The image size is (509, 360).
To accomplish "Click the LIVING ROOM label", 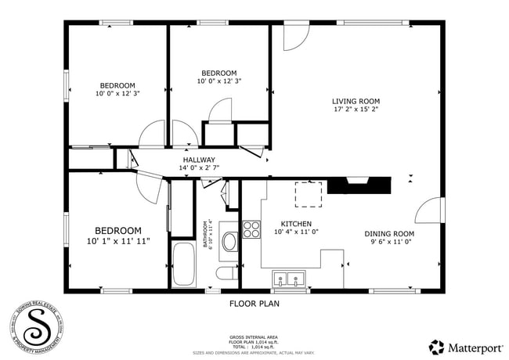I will pyautogui.click(x=356, y=101).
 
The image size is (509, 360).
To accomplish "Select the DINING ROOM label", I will pyautogui.click(x=389, y=234).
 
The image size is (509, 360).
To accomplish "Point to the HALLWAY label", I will pyautogui.click(x=199, y=160).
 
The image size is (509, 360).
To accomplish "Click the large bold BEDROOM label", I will pyautogui.click(x=118, y=231).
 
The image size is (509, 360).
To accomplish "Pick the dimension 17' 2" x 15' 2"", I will pyautogui.click(x=356, y=110).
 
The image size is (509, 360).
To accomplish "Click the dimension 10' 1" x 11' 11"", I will pyautogui.click(x=118, y=241).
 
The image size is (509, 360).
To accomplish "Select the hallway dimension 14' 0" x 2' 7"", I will pyautogui.click(x=199, y=167).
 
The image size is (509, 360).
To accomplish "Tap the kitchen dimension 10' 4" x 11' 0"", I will pyautogui.click(x=295, y=232).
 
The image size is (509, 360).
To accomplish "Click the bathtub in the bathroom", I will pyautogui.click(x=186, y=265).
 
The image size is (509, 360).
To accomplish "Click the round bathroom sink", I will pyautogui.click(x=229, y=241).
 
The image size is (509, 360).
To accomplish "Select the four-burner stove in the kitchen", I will pyautogui.click(x=252, y=229).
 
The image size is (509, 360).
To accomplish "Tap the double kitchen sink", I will pyautogui.click(x=289, y=278).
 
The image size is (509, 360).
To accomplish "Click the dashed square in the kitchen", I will pyautogui.click(x=309, y=194).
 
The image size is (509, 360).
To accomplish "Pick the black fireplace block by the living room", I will pyautogui.click(x=359, y=185).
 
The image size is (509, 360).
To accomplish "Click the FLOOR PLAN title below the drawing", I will pyautogui.click(x=254, y=303).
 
